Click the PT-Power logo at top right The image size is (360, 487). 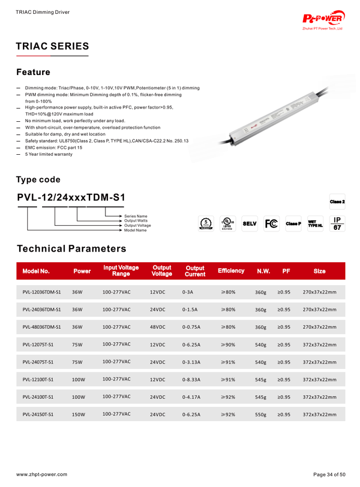(324, 19)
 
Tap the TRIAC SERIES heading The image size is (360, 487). (52, 46)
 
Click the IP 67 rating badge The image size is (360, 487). (337, 224)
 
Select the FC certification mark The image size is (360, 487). (271, 224)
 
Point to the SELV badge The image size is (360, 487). (249, 224)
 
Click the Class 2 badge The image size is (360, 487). (337, 202)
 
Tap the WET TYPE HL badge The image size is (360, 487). (315, 224)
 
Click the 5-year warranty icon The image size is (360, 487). (205, 224)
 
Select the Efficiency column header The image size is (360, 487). (231, 271)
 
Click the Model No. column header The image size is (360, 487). (36, 271)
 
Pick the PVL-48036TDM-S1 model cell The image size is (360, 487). (42, 327)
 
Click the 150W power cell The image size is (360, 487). (79, 414)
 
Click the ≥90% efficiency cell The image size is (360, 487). (228, 345)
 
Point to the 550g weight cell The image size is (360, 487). (261, 414)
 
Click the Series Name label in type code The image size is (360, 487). (136, 216)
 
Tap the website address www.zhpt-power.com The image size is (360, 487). (42, 474)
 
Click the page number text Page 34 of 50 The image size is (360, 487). (329, 474)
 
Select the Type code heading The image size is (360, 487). (38, 180)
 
